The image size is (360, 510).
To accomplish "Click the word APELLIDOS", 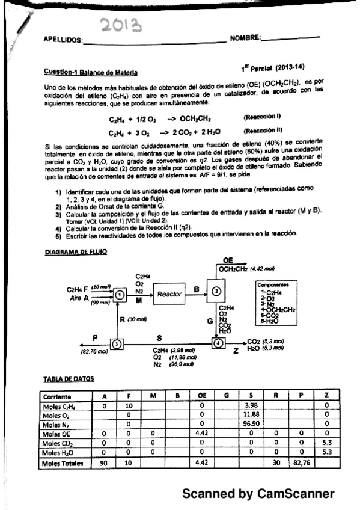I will [64, 41].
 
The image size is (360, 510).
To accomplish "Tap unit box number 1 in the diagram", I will [120, 294].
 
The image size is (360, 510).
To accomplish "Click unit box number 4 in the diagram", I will [217, 343].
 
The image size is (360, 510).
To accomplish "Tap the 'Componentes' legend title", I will [274, 281].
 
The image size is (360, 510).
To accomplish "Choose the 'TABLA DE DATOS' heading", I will [70, 381].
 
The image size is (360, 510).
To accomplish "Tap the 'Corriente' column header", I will [58, 397].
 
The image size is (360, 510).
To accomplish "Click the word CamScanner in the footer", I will [294, 493].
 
